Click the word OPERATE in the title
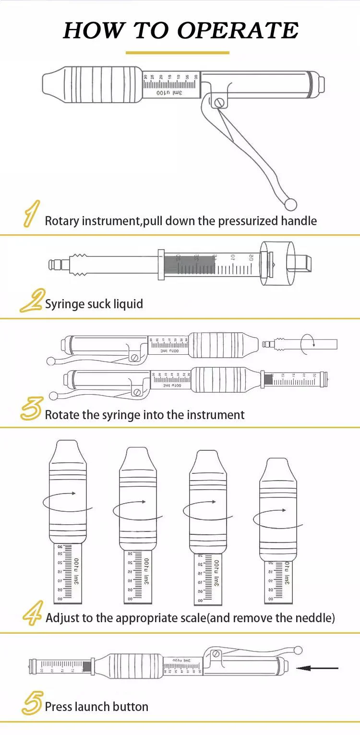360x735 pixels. pos(238,30)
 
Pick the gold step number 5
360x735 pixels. pos(32,703)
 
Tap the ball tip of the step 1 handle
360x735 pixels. pos(291,204)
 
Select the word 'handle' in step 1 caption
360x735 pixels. pos(299,221)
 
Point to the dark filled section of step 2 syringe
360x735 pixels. pos(190,265)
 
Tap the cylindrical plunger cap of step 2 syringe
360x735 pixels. pos(276,264)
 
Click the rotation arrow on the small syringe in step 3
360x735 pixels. pos(307,344)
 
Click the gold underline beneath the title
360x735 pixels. pos(178,52)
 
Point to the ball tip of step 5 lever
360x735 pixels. pos(299,651)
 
